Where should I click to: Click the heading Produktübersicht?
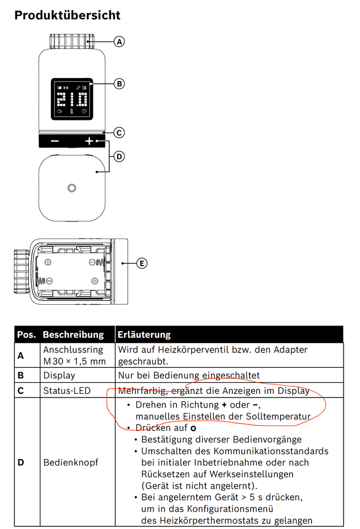point(67,15)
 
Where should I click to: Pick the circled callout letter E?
point(141,262)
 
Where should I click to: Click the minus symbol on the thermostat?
point(55,141)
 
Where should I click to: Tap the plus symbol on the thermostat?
point(89,141)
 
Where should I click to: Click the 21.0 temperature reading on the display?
point(72,99)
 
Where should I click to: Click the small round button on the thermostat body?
point(72,188)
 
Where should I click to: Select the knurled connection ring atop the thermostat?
point(72,41)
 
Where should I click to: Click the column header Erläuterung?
point(144,334)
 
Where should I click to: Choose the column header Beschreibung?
point(73,334)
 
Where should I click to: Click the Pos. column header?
point(27,334)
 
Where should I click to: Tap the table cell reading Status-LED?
point(67,391)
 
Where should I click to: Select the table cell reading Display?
point(59,375)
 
